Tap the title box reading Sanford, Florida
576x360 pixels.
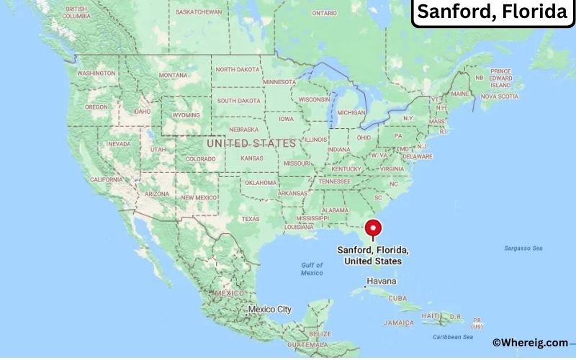tap(492, 12)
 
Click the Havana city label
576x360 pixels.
tap(382, 280)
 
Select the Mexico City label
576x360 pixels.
tap(270, 309)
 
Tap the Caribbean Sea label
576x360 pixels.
tap(453, 337)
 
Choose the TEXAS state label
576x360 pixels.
tap(250, 219)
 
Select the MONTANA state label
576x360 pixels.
tap(173, 75)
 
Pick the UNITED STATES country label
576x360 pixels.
tap(251, 143)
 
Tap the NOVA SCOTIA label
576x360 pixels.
tap(499, 96)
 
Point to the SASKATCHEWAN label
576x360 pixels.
tap(199, 12)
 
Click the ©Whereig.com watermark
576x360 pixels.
tap(530, 343)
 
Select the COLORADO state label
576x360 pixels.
tap(200, 158)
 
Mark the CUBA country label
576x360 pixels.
tap(397, 297)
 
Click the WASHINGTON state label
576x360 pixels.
tap(96, 73)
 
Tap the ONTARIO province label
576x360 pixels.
tap(325, 13)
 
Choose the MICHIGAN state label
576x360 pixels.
tap(351, 112)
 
